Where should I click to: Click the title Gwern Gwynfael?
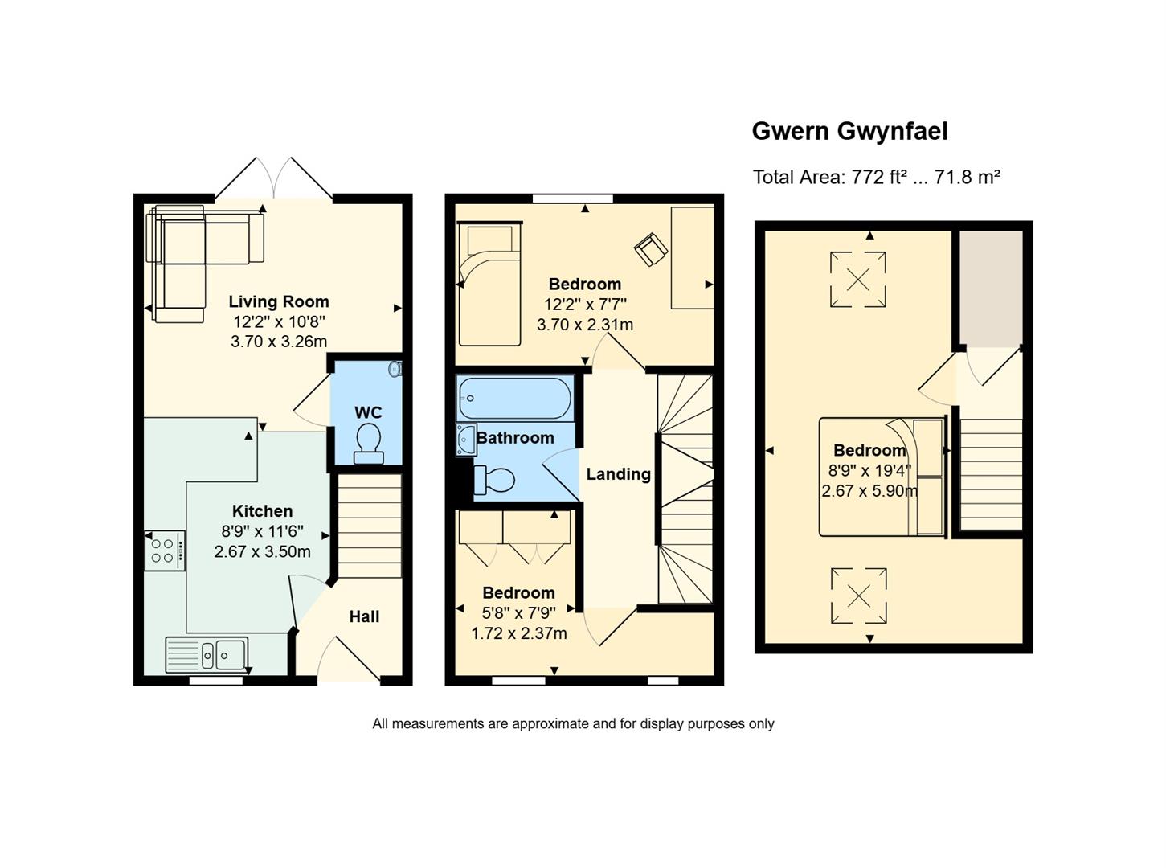[x=849, y=132]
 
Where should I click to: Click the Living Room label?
[x=279, y=301]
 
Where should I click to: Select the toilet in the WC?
[x=369, y=444]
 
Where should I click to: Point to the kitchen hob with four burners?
[x=165, y=551]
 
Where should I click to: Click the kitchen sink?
[x=207, y=655]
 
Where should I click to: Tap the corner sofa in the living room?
[x=205, y=263]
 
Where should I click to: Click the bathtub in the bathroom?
[x=514, y=398]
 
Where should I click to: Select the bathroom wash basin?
[x=466, y=440]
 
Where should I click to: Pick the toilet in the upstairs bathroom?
[x=493, y=480]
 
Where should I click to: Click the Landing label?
[x=618, y=474]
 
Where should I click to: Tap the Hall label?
[x=364, y=616]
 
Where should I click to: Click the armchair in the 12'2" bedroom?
[x=651, y=249]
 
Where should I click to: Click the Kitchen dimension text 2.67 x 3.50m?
[x=262, y=551]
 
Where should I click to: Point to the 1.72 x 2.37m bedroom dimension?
[x=519, y=633]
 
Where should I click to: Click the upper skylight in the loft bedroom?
[x=858, y=279]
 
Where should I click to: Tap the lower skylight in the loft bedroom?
[x=858, y=596]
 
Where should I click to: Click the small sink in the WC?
[x=395, y=369]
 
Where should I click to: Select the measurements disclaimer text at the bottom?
[x=573, y=724]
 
